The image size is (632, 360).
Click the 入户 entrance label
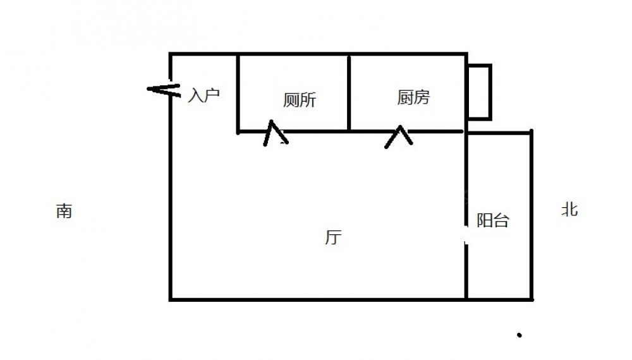click(x=204, y=96)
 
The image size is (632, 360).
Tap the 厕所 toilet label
click(x=299, y=100)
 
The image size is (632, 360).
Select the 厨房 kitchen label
click(x=413, y=97)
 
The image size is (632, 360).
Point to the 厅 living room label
click(x=333, y=237)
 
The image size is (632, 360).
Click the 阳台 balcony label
click(x=492, y=220)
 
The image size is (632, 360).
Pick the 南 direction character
click(x=64, y=211)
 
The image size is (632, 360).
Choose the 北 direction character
click(x=569, y=209)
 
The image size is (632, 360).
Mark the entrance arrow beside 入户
click(x=162, y=89)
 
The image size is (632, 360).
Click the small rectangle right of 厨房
click(x=479, y=92)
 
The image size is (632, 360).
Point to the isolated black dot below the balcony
click(x=519, y=335)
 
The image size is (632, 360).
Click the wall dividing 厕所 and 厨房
click(x=349, y=93)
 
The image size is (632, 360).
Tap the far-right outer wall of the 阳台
click(x=531, y=215)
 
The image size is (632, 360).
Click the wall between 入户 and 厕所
click(x=238, y=93)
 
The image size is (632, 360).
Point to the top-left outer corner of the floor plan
click(x=171, y=55)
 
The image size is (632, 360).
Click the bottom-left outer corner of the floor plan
click(x=171, y=299)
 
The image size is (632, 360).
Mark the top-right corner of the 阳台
click(x=531, y=133)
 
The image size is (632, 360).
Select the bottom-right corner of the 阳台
click(x=531, y=299)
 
